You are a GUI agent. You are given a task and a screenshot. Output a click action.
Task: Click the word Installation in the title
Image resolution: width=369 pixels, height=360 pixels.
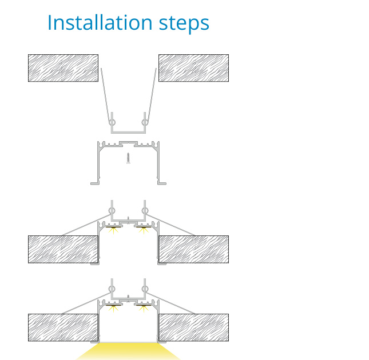coord(100,22)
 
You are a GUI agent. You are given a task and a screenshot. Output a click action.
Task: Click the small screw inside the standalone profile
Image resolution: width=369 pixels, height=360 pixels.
coord(128,158)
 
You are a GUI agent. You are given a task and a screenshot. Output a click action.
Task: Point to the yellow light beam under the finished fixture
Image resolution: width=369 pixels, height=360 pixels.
coord(128,351)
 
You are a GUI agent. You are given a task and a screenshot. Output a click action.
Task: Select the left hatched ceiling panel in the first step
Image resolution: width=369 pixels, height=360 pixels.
coord(63,68)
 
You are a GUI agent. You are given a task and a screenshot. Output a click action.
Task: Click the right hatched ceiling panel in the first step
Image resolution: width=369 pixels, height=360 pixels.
coord(193,68)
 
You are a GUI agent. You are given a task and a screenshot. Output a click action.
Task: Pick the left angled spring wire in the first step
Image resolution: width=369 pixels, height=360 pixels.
coord(105,95)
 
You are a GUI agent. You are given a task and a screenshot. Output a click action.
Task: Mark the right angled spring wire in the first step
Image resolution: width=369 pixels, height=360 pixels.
coord(152,95)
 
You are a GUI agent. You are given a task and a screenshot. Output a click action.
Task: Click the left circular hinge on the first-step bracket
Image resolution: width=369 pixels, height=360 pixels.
coord(112,122)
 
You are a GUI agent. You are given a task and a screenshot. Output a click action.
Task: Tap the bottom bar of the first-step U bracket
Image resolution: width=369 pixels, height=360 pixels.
coord(128,132)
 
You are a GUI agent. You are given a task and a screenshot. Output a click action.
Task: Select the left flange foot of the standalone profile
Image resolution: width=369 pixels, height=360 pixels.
coord(94,183)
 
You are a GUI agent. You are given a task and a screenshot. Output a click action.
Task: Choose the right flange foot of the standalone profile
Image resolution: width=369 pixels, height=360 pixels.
coord(162,183)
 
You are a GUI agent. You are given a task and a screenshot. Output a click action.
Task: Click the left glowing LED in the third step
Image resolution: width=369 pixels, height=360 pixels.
coord(113,230)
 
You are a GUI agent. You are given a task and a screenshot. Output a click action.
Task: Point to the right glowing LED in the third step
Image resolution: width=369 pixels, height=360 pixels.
coord(144,230)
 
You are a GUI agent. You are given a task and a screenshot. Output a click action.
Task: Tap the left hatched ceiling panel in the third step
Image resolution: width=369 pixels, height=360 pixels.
coord(63,249)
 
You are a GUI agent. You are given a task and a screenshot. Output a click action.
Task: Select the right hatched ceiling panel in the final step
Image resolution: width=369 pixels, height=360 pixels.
coord(193,327)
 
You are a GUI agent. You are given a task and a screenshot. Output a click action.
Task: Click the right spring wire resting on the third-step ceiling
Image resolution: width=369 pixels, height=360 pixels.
coord(170,225)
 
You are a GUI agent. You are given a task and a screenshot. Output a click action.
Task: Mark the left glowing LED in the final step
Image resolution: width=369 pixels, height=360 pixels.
coord(113,308)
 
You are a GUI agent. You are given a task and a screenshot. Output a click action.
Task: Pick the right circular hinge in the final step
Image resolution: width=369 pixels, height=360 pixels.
coord(145,289)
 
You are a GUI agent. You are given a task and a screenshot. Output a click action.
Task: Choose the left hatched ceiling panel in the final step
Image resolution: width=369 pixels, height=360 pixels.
coord(63,327)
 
